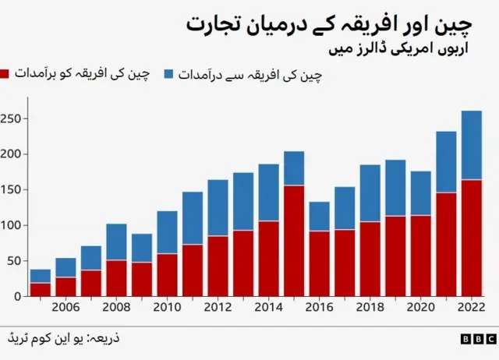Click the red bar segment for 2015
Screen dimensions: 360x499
[294, 240]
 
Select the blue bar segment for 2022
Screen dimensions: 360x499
[471, 145]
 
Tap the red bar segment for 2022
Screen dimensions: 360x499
[471, 238]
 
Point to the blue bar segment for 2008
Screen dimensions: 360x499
[116, 242]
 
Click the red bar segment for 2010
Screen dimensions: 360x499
[167, 274]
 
